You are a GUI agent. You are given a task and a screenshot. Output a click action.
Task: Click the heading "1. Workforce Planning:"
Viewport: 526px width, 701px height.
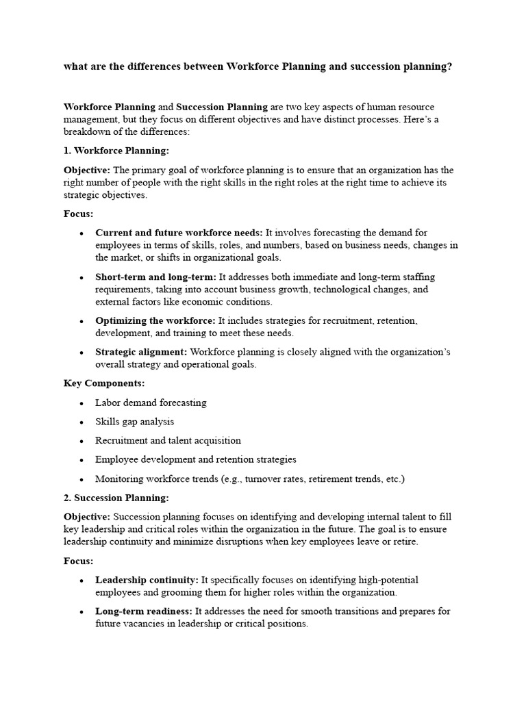click(x=116, y=151)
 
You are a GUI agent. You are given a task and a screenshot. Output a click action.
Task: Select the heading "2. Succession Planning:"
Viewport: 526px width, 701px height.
click(x=116, y=498)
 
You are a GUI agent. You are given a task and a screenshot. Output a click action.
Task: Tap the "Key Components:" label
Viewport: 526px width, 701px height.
click(x=104, y=383)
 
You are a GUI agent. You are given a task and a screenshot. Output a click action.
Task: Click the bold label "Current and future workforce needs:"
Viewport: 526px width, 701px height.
click(x=179, y=233)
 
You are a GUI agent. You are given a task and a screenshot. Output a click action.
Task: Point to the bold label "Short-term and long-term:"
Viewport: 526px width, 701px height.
click(x=155, y=277)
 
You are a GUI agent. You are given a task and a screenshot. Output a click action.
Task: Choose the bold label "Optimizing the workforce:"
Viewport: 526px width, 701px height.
click(x=155, y=320)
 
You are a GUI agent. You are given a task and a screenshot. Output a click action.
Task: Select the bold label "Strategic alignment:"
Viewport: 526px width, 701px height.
click(x=142, y=352)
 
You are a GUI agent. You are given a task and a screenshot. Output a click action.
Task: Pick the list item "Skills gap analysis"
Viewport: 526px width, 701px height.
click(x=134, y=422)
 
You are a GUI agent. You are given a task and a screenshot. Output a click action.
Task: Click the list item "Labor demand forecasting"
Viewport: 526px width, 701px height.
click(x=151, y=403)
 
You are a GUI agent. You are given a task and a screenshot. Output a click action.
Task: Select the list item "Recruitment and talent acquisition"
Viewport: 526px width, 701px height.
click(x=168, y=441)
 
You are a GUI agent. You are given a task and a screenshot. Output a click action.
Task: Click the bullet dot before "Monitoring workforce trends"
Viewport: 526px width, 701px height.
click(x=82, y=480)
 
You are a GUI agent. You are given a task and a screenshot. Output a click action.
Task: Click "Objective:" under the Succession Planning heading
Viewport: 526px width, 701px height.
click(x=87, y=517)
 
